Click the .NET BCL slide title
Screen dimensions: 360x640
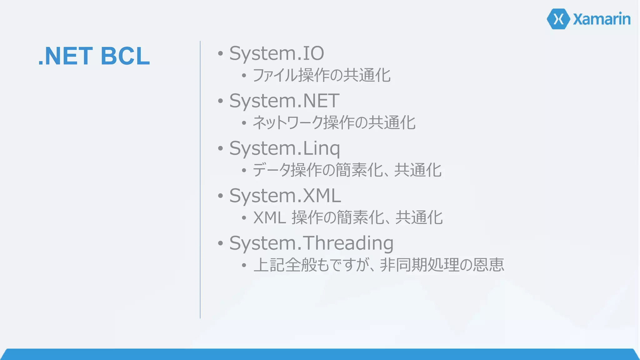tap(94, 56)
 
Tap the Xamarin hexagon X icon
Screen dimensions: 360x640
tap(558, 19)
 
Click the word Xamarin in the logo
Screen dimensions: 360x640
tap(602, 19)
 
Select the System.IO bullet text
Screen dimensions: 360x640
tap(277, 53)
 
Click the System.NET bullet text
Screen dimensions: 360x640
tap(284, 101)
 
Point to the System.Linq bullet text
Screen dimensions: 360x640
tap(284, 148)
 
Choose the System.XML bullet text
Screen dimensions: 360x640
tap(285, 196)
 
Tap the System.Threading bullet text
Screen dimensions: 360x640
tap(311, 243)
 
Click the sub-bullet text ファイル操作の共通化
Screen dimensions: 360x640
tap(322, 75)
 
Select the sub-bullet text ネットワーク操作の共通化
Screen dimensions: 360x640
tap(334, 122)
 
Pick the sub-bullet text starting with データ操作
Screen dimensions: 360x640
tap(347, 170)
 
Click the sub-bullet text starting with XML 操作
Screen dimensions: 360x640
tap(348, 217)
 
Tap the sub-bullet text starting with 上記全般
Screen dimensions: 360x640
tap(379, 265)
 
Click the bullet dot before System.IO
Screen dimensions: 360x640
tap(221, 53)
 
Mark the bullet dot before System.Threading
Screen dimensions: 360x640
tap(221, 243)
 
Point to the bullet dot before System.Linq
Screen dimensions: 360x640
tap(221, 148)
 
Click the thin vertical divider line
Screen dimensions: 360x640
tap(200, 180)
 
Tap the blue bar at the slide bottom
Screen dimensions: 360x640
tap(320, 354)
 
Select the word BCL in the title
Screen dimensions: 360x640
tap(125, 56)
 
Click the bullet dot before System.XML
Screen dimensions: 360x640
tap(221, 196)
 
